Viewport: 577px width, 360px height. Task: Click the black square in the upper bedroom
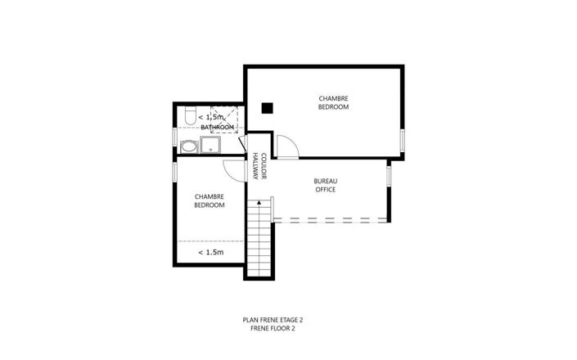coord(267,107)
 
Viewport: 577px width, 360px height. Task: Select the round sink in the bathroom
coord(188,147)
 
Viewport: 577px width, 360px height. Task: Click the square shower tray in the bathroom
coord(211,146)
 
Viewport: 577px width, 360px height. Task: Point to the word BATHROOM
coord(219,128)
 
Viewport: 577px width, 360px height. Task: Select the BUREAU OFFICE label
coord(326,186)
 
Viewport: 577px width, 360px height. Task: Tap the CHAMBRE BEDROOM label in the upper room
coord(334,103)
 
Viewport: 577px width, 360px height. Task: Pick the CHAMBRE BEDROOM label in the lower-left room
coord(210,200)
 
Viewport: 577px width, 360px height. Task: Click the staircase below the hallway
coord(260,237)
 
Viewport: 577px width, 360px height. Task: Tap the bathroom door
coord(242,143)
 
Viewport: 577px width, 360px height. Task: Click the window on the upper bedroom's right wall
coord(402,140)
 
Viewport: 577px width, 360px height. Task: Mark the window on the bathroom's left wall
coord(174,136)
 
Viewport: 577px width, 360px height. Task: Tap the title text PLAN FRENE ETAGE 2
coord(268,320)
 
